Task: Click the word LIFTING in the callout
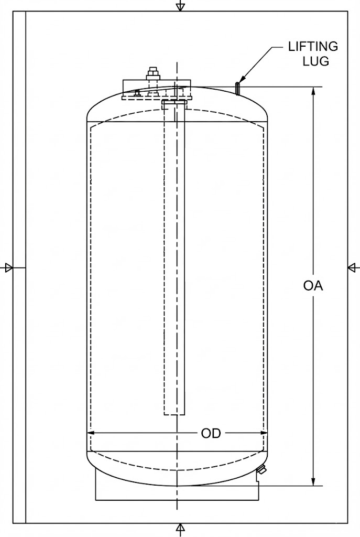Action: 313,46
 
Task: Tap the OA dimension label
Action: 313,286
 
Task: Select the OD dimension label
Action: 211,433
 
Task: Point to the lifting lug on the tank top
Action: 237,88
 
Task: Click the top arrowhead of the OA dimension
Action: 313,91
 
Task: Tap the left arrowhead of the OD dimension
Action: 91,433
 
